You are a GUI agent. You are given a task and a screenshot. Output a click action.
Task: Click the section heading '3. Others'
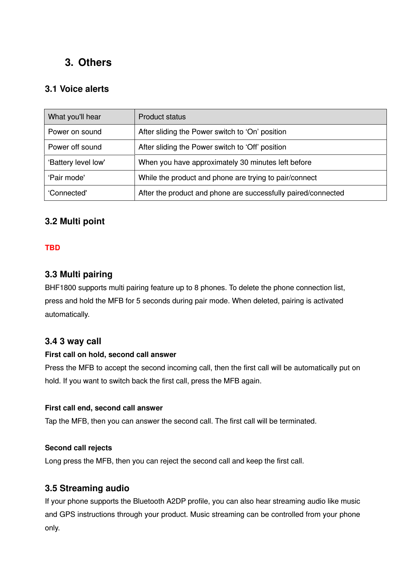point(88,63)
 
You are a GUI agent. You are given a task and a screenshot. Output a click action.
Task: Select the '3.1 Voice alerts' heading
point(77,89)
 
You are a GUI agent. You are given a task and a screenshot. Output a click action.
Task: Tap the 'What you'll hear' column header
point(74,117)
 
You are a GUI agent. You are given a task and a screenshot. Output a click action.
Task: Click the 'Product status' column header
point(162,117)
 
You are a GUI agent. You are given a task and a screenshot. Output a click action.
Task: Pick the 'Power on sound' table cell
point(75,132)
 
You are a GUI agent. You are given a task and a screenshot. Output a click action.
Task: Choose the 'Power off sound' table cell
point(75,147)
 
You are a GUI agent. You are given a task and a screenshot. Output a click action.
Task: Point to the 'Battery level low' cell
point(77,163)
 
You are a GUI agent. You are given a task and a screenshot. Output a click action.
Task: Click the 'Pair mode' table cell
point(67,178)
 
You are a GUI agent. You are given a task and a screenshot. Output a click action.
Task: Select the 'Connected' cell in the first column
point(68,193)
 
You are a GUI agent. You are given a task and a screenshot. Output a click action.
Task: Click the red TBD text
point(52,248)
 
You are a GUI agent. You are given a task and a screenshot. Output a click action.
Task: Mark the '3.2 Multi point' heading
point(75,221)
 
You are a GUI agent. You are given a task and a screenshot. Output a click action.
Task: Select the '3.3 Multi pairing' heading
point(79,274)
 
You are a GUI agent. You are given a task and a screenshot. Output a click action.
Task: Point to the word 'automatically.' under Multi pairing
point(67,315)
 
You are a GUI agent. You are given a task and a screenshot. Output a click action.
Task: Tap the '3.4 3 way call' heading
point(73,341)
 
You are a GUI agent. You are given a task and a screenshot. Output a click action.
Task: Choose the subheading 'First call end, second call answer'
point(104,408)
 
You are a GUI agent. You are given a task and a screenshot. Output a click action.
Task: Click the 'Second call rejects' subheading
point(78,448)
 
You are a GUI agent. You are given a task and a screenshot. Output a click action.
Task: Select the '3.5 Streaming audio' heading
point(87,488)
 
